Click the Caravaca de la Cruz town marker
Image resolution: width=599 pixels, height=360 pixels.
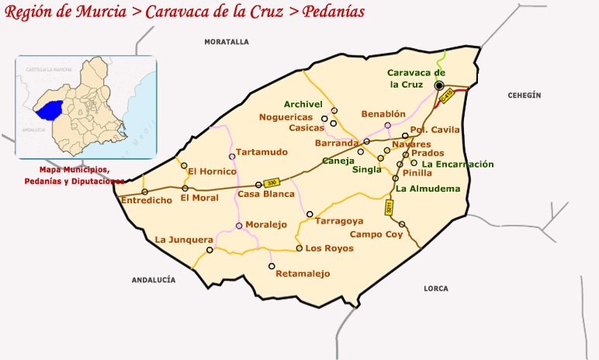tap(439, 85)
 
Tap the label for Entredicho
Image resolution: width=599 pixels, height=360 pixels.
tap(146, 200)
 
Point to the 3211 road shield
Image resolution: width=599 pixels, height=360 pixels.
tap(390, 207)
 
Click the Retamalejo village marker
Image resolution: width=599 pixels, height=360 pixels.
tap(272, 266)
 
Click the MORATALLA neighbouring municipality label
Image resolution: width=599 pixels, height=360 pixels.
tap(227, 41)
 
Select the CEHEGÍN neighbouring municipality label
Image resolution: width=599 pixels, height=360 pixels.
tap(524, 95)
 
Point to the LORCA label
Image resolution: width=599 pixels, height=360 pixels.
tap(436, 289)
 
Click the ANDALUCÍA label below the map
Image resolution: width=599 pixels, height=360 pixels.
tap(154, 279)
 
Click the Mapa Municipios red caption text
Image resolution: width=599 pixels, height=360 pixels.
tap(74, 170)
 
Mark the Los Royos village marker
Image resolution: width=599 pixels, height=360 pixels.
tap(299, 248)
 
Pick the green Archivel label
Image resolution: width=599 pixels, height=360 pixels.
tap(303, 104)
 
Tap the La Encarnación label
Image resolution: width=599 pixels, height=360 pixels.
tap(458, 164)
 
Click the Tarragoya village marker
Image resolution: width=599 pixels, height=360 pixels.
tap(310, 213)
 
